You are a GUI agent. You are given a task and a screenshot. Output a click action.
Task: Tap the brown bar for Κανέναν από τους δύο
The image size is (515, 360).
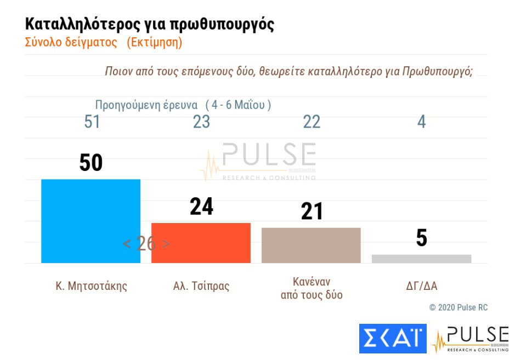pyautogui.click(x=311, y=245)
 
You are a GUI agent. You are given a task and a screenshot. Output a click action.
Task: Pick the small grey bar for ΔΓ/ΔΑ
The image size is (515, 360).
pyautogui.click(x=421, y=259)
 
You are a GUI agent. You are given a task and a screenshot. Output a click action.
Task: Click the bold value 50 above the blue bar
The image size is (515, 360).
pyautogui.click(x=91, y=163)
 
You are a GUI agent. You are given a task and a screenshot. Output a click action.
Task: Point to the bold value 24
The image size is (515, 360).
pyautogui.click(x=201, y=207)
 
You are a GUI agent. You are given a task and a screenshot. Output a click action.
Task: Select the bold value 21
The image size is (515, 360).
pyautogui.click(x=312, y=212)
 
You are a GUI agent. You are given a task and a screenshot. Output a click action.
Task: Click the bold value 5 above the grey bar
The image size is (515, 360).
pyautogui.click(x=421, y=238)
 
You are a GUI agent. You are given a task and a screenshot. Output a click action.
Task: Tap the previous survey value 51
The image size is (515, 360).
pyautogui.click(x=92, y=122)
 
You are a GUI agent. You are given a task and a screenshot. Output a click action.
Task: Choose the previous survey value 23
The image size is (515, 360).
pyautogui.click(x=201, y=122)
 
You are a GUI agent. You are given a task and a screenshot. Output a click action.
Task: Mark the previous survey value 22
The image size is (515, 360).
pyautogui.click(x=312, y=122)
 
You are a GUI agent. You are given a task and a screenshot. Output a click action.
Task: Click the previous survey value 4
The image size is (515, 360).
pyautogui.click(x=421, y=122)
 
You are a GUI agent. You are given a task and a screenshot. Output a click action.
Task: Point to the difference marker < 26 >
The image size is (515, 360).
pyautogui.click(x=146, y=244)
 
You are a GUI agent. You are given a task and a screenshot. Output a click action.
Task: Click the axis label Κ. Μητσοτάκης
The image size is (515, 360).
pyautogui.click(x=91, y=285)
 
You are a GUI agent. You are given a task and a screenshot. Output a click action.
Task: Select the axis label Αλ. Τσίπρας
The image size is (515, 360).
pyautogui.click(x=201, y=285)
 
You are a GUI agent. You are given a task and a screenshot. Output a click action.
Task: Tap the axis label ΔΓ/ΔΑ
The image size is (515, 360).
pyautogui.click(x=421, y=285)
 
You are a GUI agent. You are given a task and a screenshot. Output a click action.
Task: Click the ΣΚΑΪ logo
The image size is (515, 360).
pyautogui.click(x=392, y=338)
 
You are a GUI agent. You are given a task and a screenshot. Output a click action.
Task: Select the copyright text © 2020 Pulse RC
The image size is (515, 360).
pyautogui.click(x=458, y=307)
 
